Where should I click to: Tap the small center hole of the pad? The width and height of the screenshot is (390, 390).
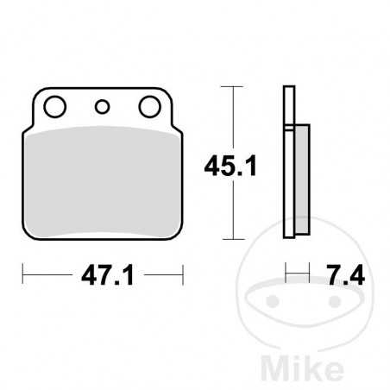point(103,108)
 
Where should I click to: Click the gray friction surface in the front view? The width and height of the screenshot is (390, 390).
point(102,181)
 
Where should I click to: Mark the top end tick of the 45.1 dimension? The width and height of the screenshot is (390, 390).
point(230,86)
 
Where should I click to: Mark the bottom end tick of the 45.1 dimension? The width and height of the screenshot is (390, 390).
point(230,238)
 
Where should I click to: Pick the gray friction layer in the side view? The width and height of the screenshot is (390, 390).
point(301,181)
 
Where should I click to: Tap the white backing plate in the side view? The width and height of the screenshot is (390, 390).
point(289,164)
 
